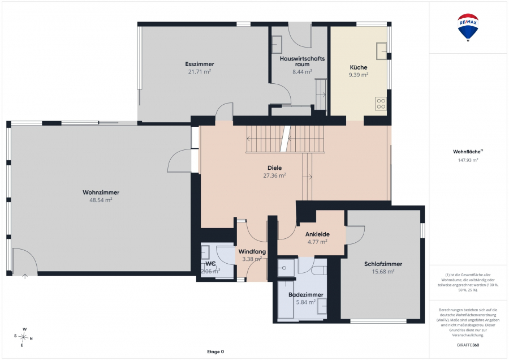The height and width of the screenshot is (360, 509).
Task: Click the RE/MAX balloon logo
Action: (x=468, y=28)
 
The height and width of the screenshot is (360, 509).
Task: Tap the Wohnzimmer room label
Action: (x=101, y=192)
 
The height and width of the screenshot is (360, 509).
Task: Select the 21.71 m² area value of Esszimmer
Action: (x=200, y=71)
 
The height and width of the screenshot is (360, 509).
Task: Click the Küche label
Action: (x=359, y=67)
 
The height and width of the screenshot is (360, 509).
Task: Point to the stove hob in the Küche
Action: (x=381, y=104)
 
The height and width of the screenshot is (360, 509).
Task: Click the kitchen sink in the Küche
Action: (x=382, y=51)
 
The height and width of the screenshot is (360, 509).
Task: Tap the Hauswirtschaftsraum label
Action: (x=302, y=61)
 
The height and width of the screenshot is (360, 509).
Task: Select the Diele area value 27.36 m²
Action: (x=275, y=175)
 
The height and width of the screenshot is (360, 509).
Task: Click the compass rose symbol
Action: (x=23, y=337)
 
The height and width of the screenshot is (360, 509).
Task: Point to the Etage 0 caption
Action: (x=215, y=352)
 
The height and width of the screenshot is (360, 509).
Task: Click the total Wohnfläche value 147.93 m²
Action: (x=468, y=160)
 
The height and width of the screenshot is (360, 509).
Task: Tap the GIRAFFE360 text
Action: (x=468, y=345)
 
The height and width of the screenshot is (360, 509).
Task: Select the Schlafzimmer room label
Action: (x=383, y=264)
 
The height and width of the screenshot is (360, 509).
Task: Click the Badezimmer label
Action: (x=306, y=295)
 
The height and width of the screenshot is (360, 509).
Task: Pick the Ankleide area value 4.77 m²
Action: (x=317, y=242)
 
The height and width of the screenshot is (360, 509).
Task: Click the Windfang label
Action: (x=252, y=251)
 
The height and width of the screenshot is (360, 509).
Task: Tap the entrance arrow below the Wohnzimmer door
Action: (x=25, y=276)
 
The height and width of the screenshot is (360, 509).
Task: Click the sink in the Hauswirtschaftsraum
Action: (x=277, y=45)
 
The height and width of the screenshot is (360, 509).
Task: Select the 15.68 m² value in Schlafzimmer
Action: (x=383, y=272)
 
